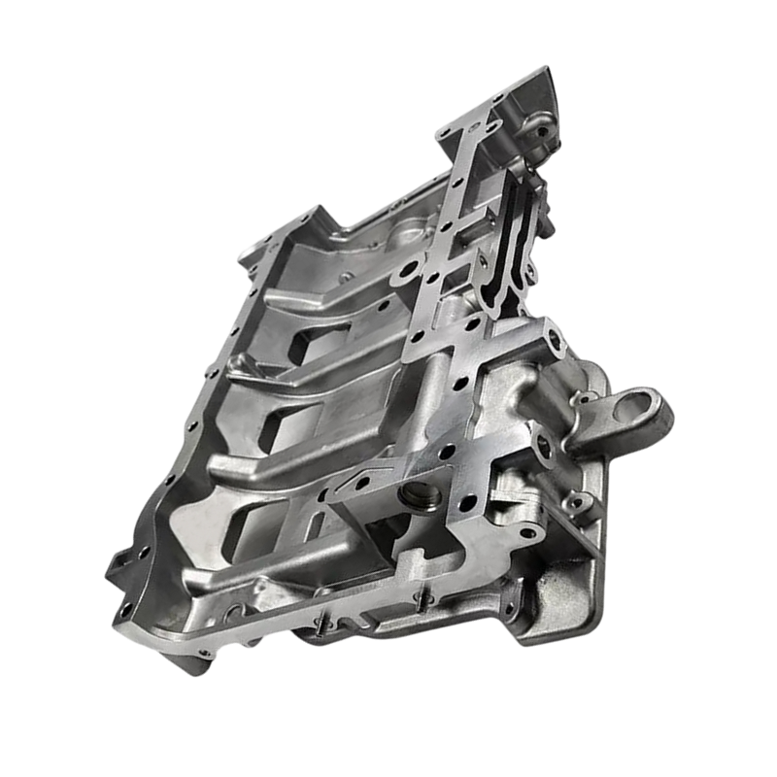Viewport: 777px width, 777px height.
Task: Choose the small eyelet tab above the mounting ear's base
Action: [x=584, y=397]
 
